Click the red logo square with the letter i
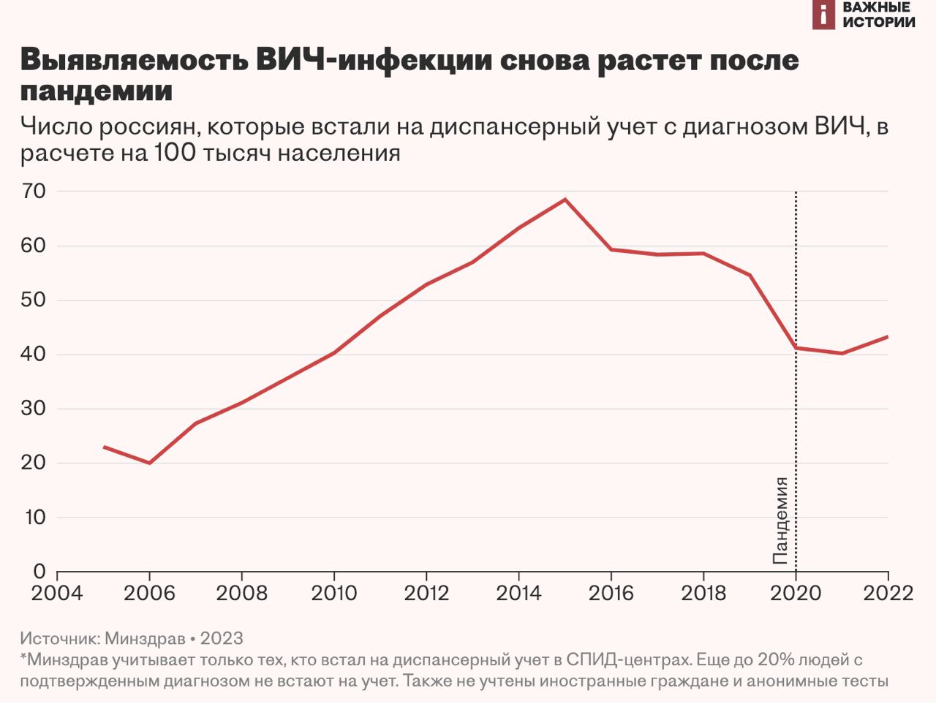[823, 15]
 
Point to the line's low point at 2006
[149, 463]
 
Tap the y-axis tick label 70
[34, 192]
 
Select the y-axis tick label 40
[34, 355]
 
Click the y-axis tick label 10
[34, 518]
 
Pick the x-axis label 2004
[57, 592]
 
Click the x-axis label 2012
[426, 592]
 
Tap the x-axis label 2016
[611, 592]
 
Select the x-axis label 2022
[888, 592]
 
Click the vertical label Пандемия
[781, 521]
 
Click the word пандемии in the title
[97, 91]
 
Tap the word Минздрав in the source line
[145, 638]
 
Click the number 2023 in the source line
[222, 638]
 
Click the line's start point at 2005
[104, 447]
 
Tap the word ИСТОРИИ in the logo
[878, 22]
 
